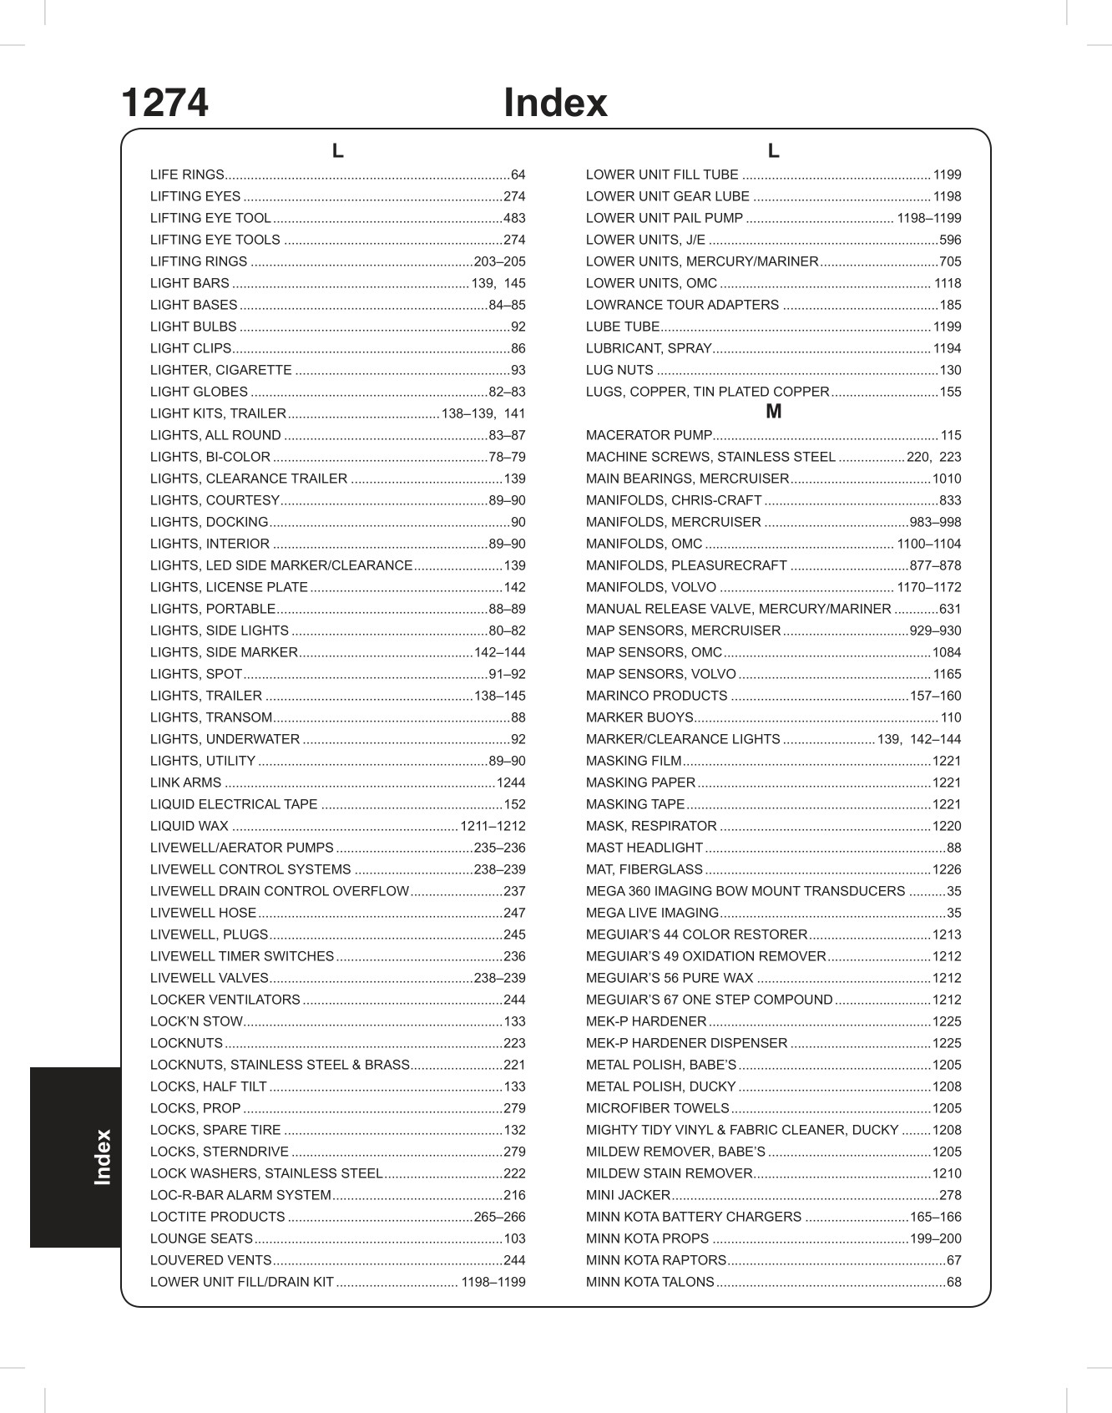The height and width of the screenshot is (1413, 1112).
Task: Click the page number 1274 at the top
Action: click(x=164, y=104)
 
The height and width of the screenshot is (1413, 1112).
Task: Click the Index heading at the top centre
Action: click(x=555, y=104)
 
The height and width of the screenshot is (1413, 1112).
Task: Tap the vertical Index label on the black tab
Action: click(x=103, y=1157)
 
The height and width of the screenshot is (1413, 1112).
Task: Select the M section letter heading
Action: click(x=773, y=412)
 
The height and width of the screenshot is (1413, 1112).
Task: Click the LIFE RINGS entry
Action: click(x=187, y=175)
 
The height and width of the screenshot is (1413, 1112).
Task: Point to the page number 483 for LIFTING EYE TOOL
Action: click(x=514, y=219)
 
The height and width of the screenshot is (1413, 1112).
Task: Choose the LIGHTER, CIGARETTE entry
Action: click(x=221, y=371)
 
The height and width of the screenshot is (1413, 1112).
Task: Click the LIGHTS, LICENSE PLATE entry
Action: click(x=230, y=588)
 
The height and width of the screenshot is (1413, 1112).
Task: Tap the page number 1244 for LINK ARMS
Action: click(x=511, y=783)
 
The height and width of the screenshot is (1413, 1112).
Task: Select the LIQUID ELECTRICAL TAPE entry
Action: click(x=234, y=805)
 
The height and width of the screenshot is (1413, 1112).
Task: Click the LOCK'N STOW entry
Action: click(x=196, y=1022)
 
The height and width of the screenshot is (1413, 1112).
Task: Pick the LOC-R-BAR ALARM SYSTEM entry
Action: click(x=240, y=1196)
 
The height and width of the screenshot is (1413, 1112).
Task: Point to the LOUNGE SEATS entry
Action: click(x=201, y=1239)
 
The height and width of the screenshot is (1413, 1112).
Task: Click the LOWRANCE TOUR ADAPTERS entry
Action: click(x=682, y=306)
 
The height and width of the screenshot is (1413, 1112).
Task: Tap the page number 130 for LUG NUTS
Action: click(x=950, y=371)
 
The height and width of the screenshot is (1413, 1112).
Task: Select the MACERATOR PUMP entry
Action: click(x=649, y=436)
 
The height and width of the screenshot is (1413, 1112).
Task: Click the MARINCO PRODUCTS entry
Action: click(x=656, y=696)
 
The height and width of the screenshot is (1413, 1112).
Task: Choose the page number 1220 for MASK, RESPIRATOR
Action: click(x=947, y=827)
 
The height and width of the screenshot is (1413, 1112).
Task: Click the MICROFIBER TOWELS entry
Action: click(x=657, y=1109)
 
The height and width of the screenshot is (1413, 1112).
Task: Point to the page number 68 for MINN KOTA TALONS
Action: click(x=953, y=1283)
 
